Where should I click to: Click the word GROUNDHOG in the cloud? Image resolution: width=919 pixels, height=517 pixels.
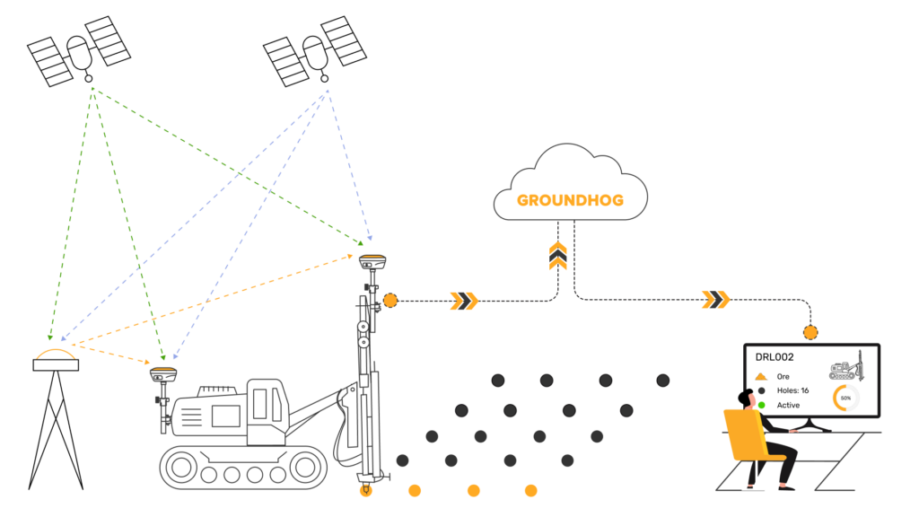tap(570, 199)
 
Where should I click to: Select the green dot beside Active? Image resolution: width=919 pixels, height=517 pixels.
tap(762, 405)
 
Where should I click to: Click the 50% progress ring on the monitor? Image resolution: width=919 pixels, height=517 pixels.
tap(846, 397)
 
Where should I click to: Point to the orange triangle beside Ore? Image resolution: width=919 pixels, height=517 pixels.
tap(761, 377)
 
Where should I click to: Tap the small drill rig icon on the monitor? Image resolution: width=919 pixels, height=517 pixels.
tap(845, 368)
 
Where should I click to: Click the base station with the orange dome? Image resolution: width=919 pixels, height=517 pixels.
tap(56, 359)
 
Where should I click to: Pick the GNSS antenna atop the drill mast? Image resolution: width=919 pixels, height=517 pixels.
tap(372, 259)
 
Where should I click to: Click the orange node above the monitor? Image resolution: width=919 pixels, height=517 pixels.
tap(810, 332)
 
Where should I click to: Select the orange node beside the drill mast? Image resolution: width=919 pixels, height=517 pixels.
tap(390, 301)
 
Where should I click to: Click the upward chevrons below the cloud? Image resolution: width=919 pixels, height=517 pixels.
tap(558, 255)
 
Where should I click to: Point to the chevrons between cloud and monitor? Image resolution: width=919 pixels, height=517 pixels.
tap(715, 299)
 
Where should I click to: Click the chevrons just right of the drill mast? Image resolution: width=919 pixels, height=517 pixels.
tap(463, 301)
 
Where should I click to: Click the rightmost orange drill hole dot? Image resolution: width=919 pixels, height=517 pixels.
tap(531, 491)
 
